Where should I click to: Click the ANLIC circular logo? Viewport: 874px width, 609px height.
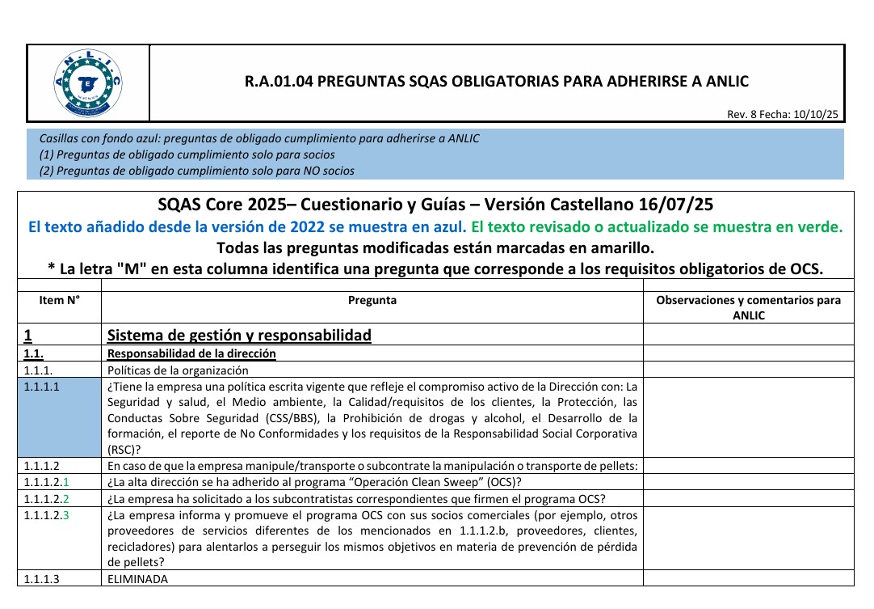click(x=88, y=82)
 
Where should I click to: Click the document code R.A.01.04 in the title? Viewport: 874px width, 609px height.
click(x=275, y=82)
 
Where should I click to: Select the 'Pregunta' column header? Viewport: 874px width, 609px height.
click(x=372, y=300)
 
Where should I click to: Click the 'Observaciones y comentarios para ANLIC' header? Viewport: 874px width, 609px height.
click(x=748, y=307)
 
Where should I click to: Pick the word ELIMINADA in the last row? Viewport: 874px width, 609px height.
click(x=138, y=579)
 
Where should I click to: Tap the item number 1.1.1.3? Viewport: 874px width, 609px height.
click(x=42, y=579)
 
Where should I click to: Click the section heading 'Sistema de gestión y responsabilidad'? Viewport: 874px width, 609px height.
click(x=239, y=335)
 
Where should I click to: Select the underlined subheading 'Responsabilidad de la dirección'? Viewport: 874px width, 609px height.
click(x=191, y=353)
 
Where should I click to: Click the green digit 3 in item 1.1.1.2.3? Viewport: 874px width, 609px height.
click(x=66, y=514)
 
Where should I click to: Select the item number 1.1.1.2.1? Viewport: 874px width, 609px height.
click(x=48, y=483)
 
